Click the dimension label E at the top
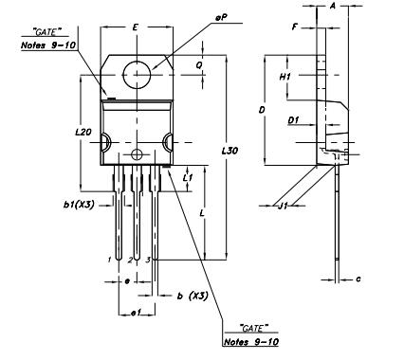click(137, 29)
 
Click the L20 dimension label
click(83, 133)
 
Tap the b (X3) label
click(193, 297)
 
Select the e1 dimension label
click(135, 313)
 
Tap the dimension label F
click(295, 27)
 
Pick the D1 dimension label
click(293, 121)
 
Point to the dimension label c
click(358, 279)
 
